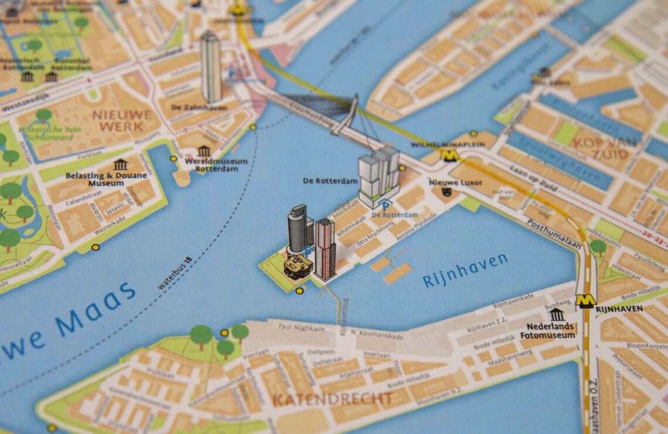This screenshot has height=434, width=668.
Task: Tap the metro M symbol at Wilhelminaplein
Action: tap(449, 155)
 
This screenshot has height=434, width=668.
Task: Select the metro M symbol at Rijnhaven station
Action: tap(585, 301)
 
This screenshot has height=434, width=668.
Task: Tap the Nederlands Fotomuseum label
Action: tap(550, 331)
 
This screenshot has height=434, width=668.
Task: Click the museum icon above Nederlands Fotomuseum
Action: tap(557, 314)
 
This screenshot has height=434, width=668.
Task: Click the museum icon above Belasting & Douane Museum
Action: tap(120, 164)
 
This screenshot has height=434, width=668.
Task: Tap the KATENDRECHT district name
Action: tap(332, 399)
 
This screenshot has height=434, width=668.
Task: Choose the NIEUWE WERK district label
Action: tap(121, 120)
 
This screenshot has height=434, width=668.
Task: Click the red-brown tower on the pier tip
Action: tap(325, 249)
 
